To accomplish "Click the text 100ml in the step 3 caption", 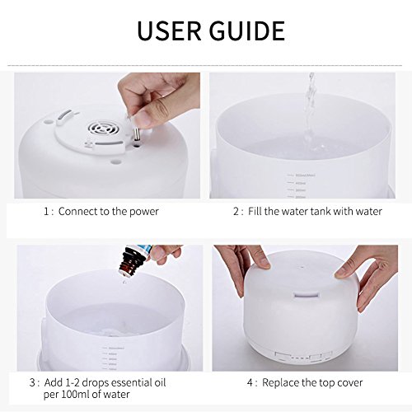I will pyautogui.click(x=82, y=395).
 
